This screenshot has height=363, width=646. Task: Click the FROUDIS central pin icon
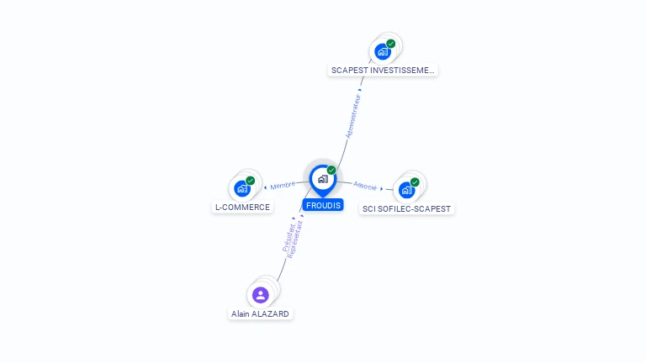(322, 179)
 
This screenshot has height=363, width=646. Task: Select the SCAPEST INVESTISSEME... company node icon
(383, 52)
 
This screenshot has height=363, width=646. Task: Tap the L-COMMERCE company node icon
(242, 189)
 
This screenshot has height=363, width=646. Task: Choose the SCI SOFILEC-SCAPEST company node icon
(406, 190)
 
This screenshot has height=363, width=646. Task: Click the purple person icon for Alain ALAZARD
(260, 295)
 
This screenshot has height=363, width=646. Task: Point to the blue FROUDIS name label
(323, 205)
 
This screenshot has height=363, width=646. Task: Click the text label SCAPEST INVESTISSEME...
(383, 71)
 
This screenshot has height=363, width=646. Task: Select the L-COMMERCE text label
(242, 208)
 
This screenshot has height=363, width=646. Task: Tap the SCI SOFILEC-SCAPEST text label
(407, 208)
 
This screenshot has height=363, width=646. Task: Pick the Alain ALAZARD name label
(261, 313)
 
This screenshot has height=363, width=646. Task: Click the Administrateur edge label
(354, 116)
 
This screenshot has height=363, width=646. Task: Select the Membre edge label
(283, 185)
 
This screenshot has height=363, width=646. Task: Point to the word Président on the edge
(288, 238)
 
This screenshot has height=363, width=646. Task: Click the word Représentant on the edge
(295, 239)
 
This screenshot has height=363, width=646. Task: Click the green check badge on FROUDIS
(331, 170)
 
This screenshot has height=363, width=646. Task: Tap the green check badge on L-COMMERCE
(250, 181)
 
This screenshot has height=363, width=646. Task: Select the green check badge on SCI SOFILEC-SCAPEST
(415, 181)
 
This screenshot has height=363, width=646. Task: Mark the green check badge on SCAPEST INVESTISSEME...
(391, 44)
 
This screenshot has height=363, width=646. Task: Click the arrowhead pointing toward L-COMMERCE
(266, 187)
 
